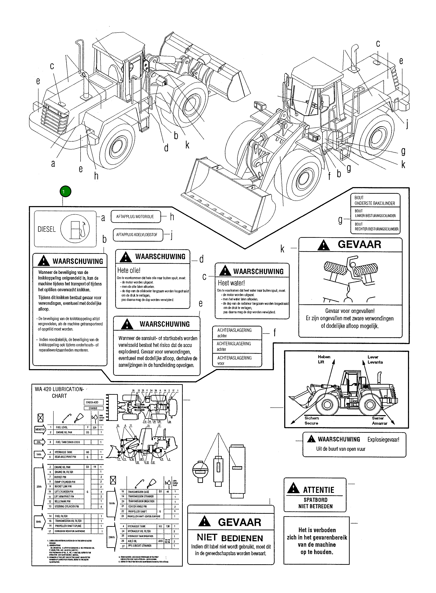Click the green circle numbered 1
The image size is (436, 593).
(65, 191)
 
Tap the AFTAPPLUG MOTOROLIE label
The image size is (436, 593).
(135, 217)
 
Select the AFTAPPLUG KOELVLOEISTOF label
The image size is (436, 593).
(137, 234)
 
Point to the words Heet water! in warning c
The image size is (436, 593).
(231, 283)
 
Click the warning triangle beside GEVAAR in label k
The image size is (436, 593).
(324, 245)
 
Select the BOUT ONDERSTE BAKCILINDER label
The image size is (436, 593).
(375, 201)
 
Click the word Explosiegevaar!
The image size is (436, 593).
(383, 440)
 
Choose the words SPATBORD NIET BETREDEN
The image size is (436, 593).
(315, 503)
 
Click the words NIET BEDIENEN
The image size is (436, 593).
(230, 538)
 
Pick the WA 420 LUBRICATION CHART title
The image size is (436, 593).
(59, 392)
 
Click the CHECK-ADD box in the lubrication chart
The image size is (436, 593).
(92, 402)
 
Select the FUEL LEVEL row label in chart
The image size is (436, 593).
(62, 427)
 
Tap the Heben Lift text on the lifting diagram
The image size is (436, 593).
(324, 359)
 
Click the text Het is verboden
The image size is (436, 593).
(317, 530)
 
